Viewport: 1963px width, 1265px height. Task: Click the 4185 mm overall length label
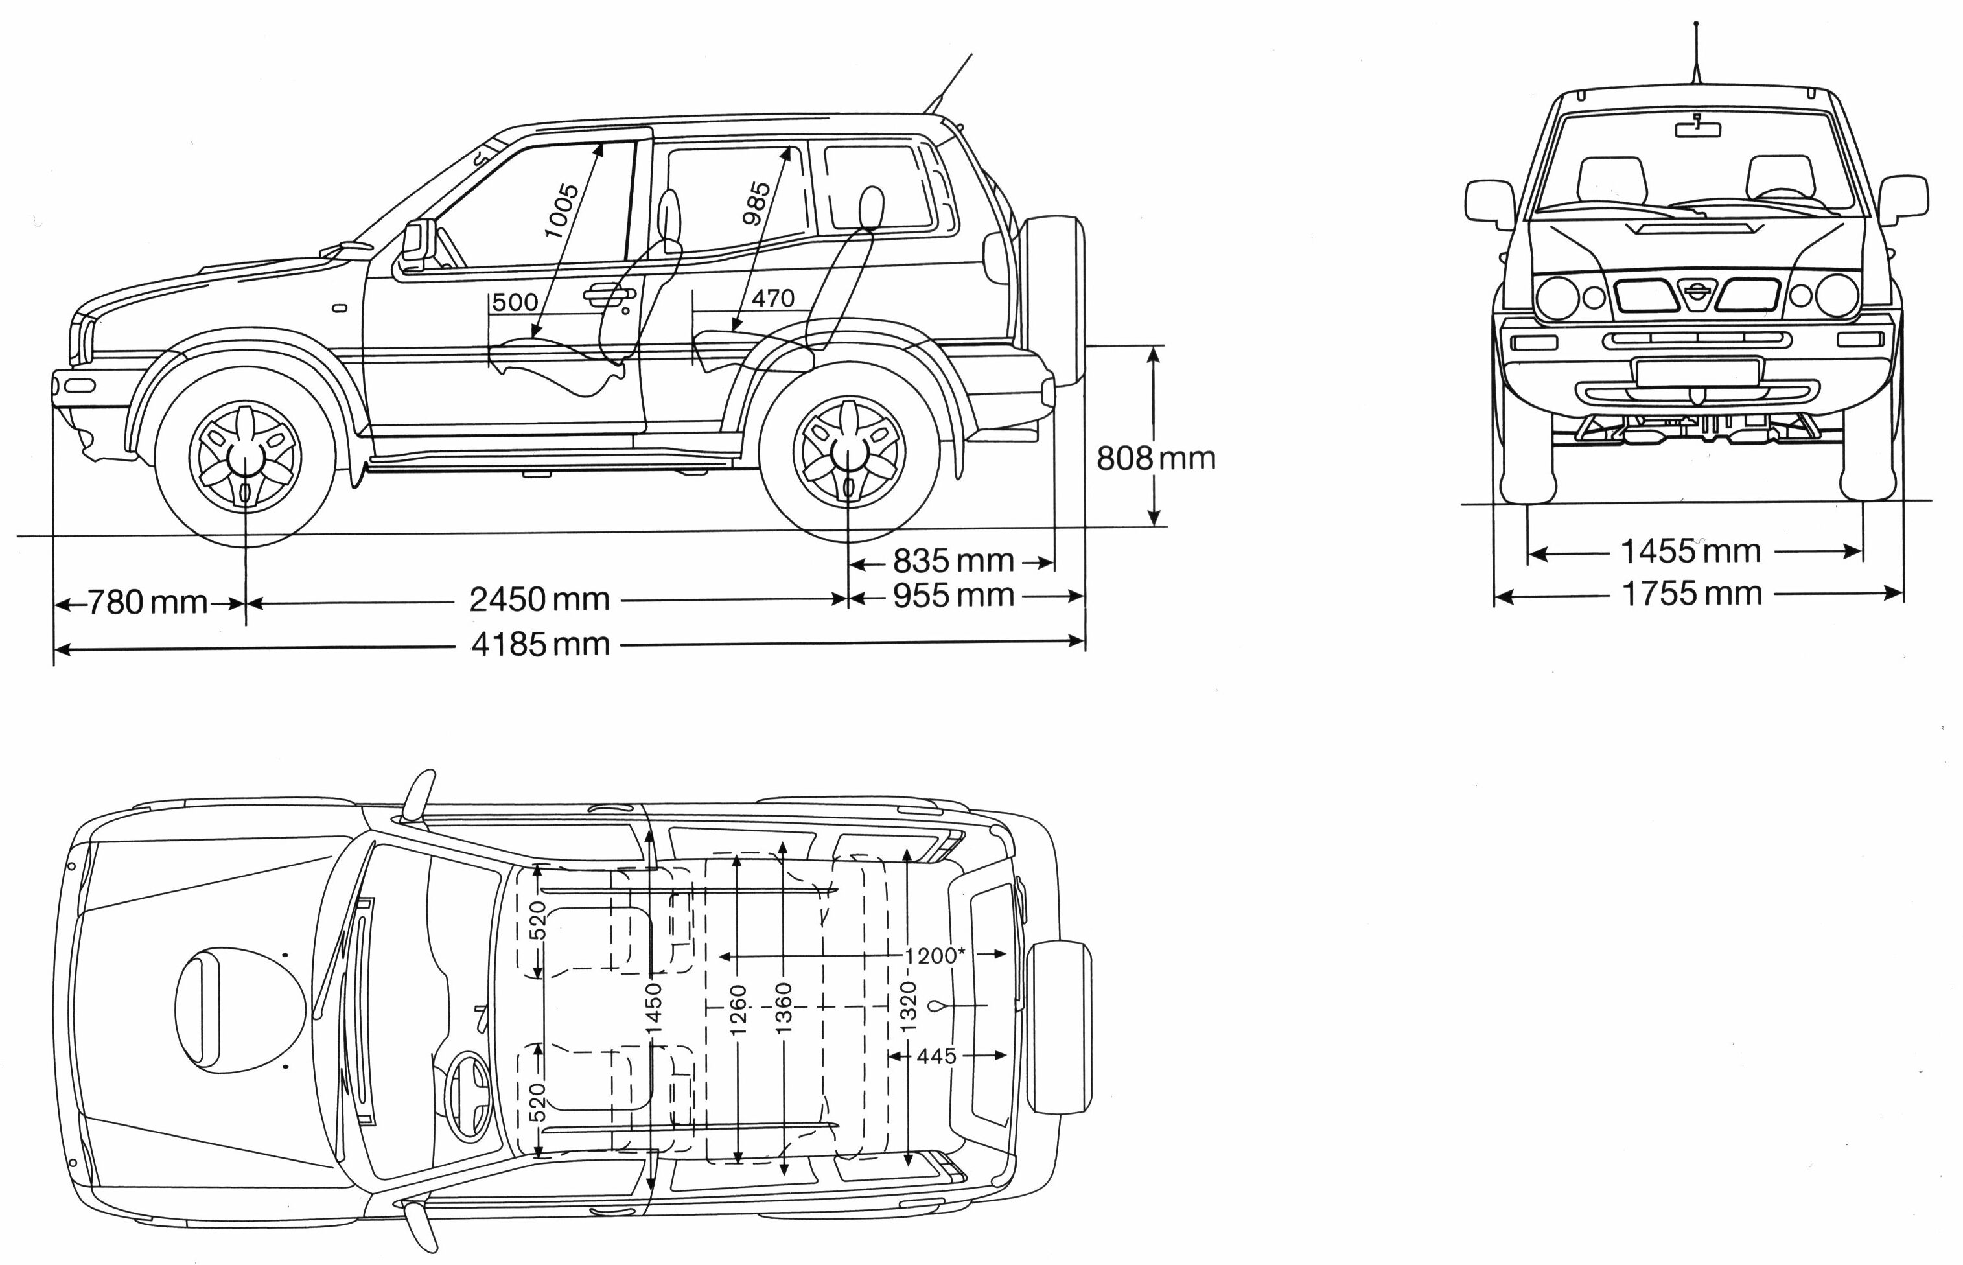(x=540, y=645)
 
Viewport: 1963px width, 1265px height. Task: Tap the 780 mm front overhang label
(x=147, y=603)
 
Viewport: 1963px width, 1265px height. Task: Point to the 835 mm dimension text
(x=953, y=561)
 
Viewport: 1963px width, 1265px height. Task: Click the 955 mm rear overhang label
(x=953, y=596)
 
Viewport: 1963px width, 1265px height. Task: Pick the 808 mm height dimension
(x=1156, y=458)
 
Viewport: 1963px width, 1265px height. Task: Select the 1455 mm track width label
(x=1690, y=551)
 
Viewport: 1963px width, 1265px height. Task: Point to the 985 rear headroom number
(x=756, y=203)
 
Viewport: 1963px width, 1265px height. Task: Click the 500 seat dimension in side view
(x=515, y=302)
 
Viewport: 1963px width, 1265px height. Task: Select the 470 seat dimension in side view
(x=773, y=298)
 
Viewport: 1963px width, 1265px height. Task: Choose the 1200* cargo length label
(x=935, y=955)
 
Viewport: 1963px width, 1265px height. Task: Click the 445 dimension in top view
(x=936, y=1056)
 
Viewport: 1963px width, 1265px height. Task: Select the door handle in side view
(x=608, y=294)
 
